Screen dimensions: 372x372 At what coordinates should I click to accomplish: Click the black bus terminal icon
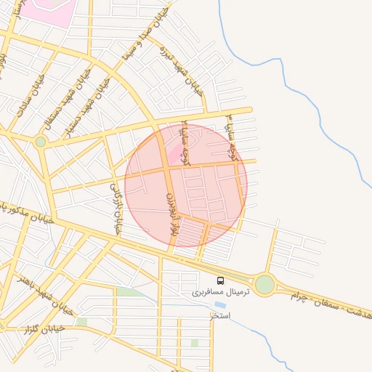tap(220, 280)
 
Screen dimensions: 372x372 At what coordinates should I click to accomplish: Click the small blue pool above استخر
tap(219, 305)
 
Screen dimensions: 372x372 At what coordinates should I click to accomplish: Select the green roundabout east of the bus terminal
tap(264, 284)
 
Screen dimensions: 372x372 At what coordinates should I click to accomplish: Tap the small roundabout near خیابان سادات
tap(40, 142)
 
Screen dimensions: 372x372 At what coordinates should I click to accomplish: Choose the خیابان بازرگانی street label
tap(114, 209)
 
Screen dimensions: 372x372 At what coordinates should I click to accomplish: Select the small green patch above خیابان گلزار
tap(81, 322)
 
